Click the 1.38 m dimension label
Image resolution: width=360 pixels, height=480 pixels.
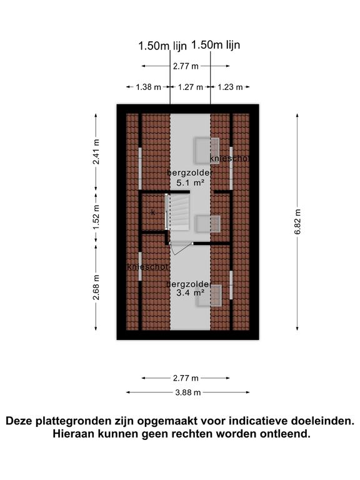(149, 87)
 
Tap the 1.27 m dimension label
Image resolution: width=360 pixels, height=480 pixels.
(191, 87)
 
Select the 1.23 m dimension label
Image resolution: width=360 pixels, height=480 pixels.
(230, 87)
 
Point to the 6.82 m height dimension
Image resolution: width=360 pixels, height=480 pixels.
(297, 222)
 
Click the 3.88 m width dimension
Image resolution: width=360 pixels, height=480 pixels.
(188, 392)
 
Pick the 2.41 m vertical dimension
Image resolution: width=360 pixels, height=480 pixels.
(96, 151)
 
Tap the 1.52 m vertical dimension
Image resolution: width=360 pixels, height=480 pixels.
(96, 217)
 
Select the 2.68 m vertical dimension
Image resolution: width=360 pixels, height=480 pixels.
(96, 287)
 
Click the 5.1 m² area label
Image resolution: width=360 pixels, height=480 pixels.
(191, 182)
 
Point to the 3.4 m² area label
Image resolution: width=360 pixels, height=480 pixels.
(191, 292)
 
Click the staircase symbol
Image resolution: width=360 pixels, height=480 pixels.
(178, 212)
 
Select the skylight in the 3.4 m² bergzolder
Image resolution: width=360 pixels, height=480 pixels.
(209, 296)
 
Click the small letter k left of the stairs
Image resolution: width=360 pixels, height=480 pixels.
(153, 212)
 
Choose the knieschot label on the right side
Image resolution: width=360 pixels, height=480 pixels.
(229, 159)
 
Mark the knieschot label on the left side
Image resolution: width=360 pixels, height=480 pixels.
(147, 267)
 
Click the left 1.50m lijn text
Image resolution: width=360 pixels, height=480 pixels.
(162, 46)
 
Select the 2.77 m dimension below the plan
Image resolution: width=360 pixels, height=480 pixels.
(186, 378)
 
